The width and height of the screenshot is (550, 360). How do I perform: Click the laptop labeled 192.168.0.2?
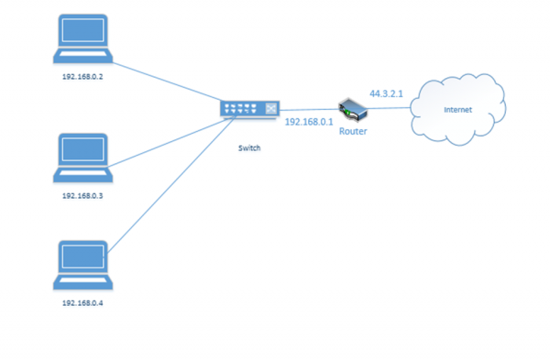(82, 39)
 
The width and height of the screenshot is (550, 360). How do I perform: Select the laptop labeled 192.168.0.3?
(82, 157)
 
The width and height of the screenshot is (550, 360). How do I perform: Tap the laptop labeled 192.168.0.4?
(82, 264)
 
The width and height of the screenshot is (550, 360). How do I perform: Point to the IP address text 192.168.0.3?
(82, 196)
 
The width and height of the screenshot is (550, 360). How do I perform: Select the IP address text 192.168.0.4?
(82, 301)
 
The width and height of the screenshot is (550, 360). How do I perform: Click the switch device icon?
(248, 110)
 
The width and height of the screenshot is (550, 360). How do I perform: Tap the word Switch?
(248, 147)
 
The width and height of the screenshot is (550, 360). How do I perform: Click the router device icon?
(352, 111)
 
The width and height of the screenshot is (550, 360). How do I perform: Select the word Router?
(353, 132)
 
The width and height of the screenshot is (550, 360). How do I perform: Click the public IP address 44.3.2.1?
(386, 93)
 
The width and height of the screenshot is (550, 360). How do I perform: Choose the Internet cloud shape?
(458, 92)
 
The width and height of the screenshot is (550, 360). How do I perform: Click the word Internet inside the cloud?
(458, 110)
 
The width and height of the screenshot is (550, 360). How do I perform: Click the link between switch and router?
(307, 109)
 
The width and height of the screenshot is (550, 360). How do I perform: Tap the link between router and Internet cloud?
(390, 109)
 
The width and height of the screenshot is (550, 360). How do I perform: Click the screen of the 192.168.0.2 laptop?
(82, 34)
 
